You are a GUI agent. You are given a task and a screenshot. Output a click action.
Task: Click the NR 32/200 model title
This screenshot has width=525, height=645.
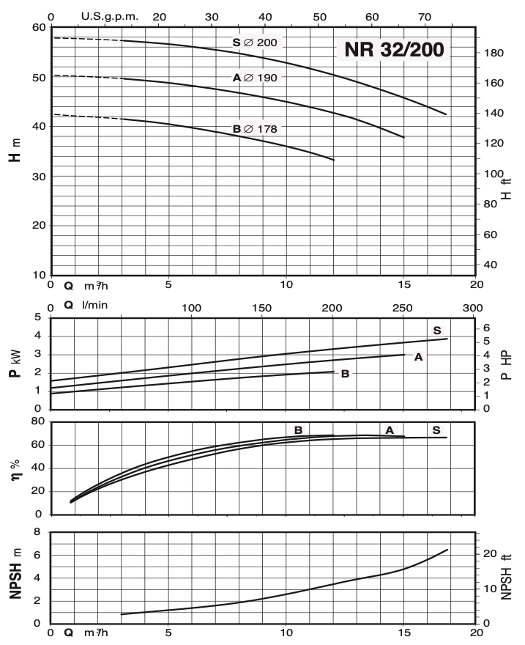click(x=391, y=51)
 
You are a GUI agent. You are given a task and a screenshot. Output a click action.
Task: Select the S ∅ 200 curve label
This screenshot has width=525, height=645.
click(x=254, y=43)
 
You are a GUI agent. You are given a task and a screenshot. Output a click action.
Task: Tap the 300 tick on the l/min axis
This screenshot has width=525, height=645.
click(x=474, y=308)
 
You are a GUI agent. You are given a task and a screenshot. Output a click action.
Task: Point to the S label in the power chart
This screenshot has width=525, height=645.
click(x=437, y=329)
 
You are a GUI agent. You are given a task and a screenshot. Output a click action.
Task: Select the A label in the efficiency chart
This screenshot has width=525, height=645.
click(x=390, y=430)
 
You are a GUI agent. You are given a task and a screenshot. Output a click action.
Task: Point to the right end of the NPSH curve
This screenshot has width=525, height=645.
click(x=447, y=550)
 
